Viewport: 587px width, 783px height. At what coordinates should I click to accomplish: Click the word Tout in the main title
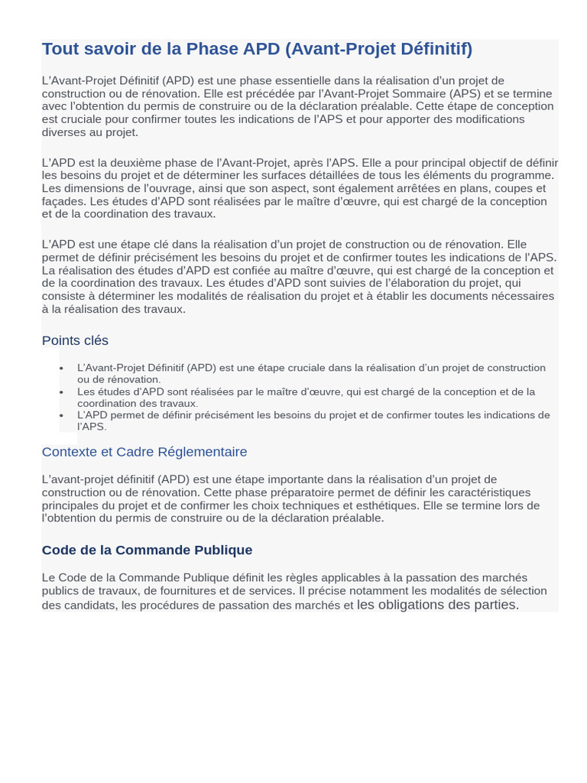pyautogui.click(x=58, y=49)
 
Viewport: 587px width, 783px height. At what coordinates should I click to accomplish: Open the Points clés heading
pyautogui.click(x=75, y=340)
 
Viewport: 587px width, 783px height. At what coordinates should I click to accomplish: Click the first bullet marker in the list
pyautogui.click(x=61, y=369)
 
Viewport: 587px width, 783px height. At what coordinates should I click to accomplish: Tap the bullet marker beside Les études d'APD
pyautogui.click(x=61, y=392)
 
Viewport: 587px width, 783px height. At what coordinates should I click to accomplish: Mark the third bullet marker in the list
pyautogui.click(x=61, y=416)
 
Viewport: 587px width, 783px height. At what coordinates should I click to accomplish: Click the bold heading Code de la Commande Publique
pyautogui.click(x=147, y=550)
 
